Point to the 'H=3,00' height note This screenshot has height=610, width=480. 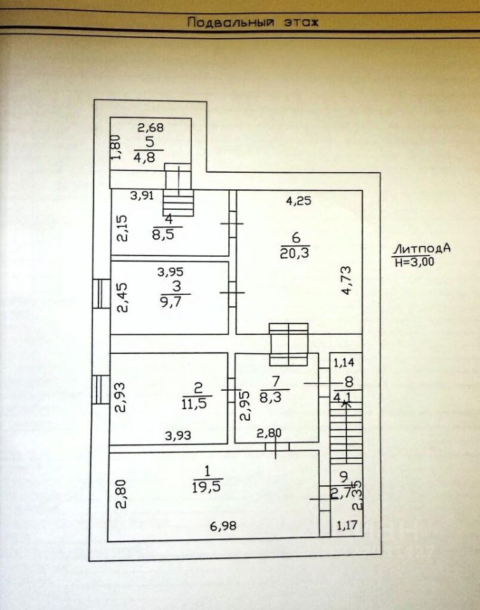414,261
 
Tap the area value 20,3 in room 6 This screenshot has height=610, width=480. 293,254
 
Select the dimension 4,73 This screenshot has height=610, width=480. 346,281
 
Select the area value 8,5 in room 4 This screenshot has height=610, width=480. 168,233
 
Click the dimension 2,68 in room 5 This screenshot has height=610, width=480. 152,126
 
